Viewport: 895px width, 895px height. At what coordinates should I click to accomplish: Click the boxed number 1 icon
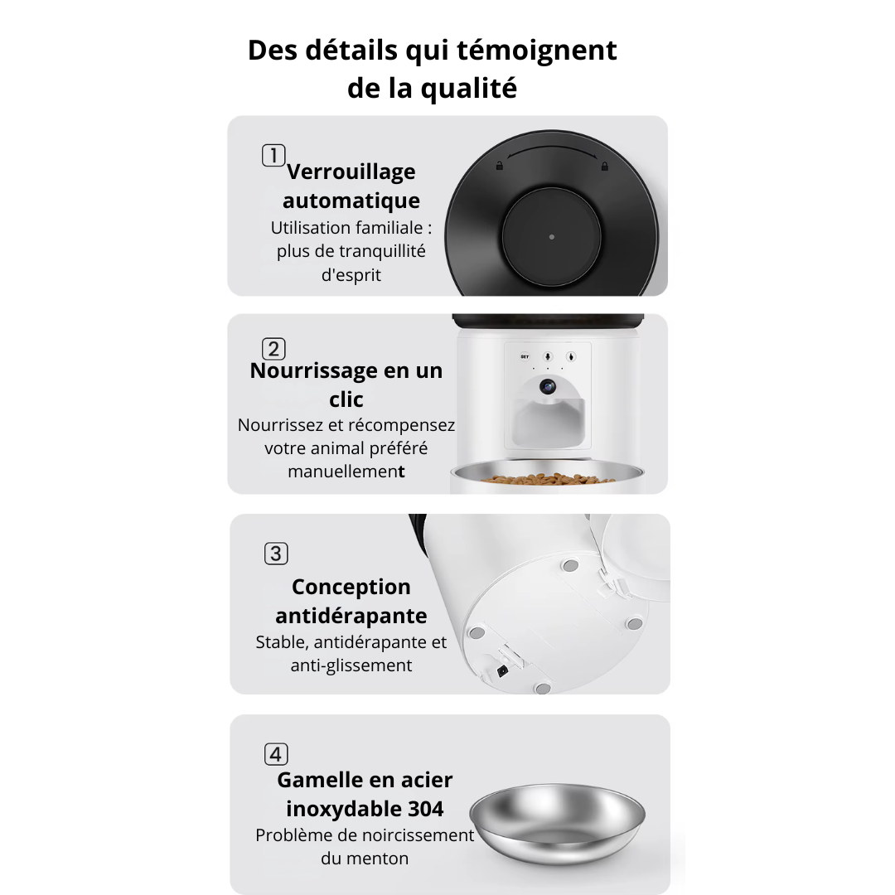coord(273,155)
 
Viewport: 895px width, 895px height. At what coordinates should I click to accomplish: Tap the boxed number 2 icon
coord(273,349)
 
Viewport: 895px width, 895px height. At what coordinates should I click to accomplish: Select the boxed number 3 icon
coord(276,553)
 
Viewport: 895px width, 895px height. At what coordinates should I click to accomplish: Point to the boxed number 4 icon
coord(276,754)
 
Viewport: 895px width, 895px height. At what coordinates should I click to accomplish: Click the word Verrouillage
coord(351,172)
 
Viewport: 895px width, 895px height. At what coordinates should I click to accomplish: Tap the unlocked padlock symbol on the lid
coord(499,166)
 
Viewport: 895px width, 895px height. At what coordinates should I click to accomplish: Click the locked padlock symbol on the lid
coord(604,166)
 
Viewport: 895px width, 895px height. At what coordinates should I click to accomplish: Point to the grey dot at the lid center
coord(552,237)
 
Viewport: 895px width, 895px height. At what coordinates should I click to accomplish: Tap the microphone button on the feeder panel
coord(547,357)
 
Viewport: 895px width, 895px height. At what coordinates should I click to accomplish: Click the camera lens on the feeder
coord(548,386)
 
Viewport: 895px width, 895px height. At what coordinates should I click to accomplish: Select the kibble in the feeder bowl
coord(547,478)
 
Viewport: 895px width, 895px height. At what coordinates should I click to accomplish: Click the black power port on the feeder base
coord(501,672)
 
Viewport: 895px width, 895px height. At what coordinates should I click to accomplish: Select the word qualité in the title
coord(470,88)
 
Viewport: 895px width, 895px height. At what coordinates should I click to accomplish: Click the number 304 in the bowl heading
coord(426,808)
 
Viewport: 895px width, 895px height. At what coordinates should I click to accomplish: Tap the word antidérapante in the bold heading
coord(351,616)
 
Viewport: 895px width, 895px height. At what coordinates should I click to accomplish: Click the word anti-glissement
coord(351,665)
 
